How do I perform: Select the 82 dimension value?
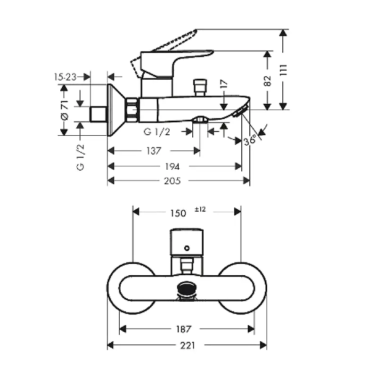click(x=268, y=81)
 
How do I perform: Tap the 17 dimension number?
click(x=224, y=84)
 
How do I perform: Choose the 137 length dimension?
click(x=154, y=151)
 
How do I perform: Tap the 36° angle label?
click(x=250, y=140)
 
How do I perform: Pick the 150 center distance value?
click(x=178, y=213)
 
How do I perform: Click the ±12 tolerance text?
click(x=200, y=209)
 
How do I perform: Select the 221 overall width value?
click(x=187, y=345)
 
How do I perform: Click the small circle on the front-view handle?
click(x=187, y=247)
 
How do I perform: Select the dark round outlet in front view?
click(x=187, y=288)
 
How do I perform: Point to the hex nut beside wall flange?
click(x=132, y=110)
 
